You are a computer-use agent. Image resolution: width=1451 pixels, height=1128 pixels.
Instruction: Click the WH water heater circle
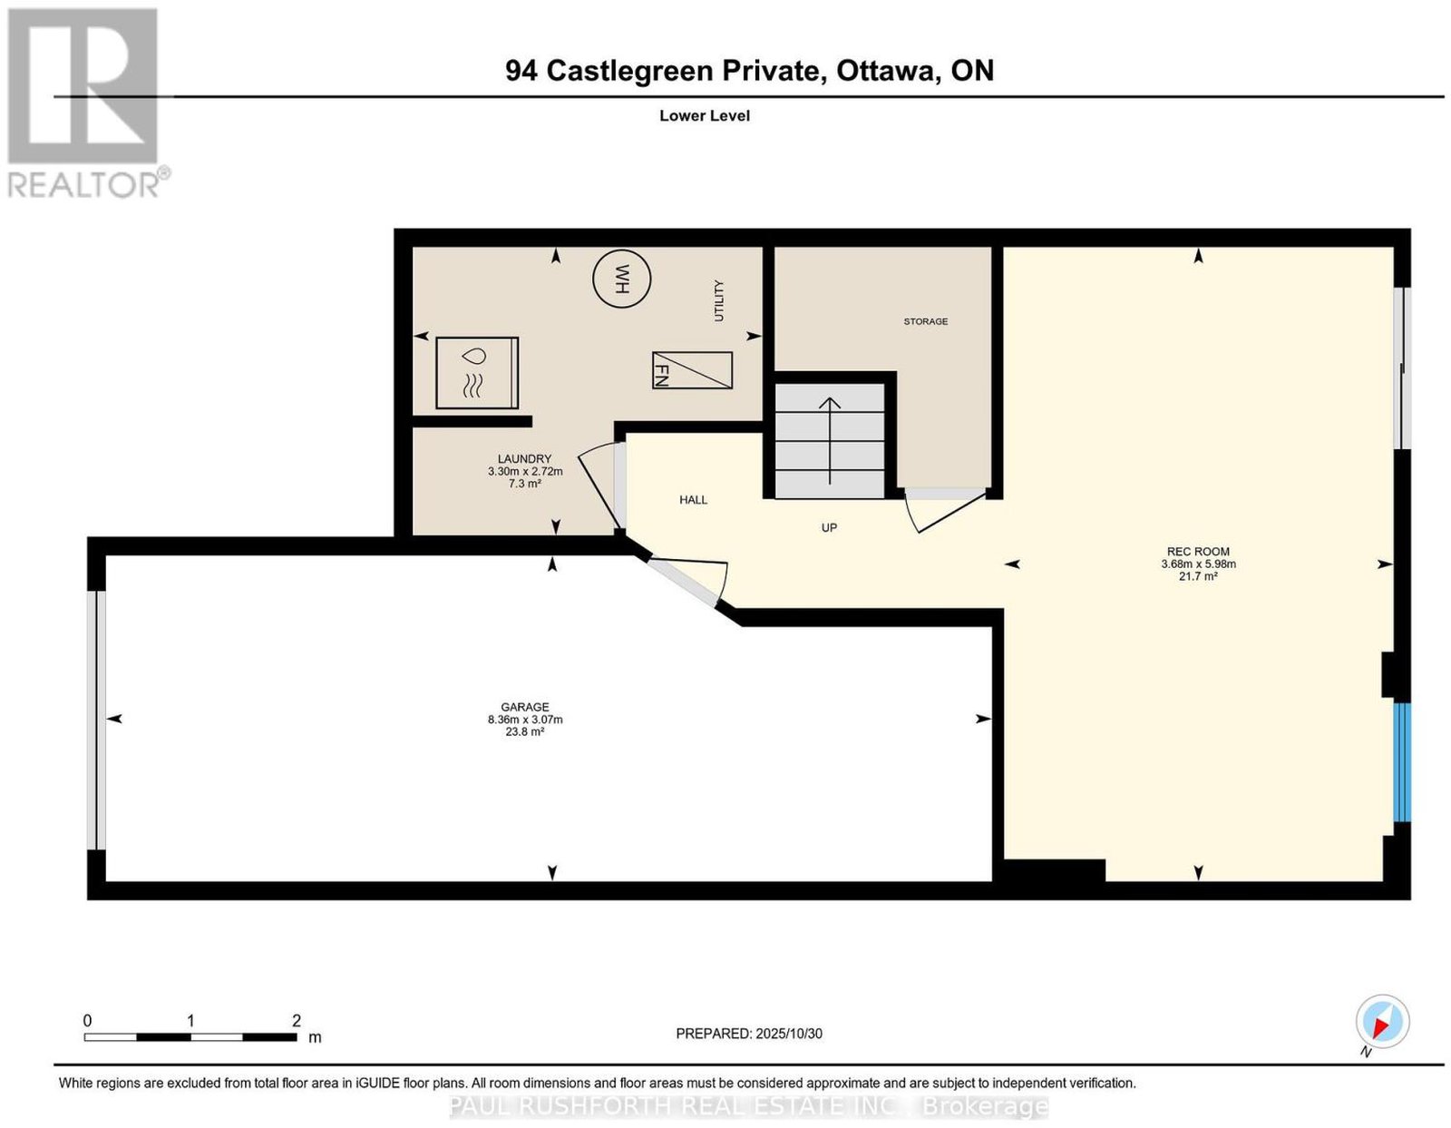click(x=621, y=279)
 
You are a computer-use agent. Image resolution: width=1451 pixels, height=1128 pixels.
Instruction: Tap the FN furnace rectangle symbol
click(x=692, y=370)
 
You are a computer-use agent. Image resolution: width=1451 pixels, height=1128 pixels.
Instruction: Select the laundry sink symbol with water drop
click(x=476, y=373)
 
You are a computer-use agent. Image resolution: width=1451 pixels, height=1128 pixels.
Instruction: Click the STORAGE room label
click(x=925, y=321)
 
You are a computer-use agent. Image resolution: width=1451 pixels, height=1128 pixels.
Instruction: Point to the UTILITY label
click(x=718, y=300)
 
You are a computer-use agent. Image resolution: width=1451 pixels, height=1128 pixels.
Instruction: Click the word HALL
click(x=693, y=499)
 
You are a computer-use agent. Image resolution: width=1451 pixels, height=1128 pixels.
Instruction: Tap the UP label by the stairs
click(x=829, y=527)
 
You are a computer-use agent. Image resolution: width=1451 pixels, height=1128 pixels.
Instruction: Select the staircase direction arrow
click(x=829, y=440)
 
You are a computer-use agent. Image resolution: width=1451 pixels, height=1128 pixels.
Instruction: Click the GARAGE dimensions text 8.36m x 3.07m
click(x=525, y=720)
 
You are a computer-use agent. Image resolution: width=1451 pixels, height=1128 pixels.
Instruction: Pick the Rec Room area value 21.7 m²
click(x=1198, y=575)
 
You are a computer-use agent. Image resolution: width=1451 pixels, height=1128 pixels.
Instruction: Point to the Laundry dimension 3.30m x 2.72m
click(x=525, y=471)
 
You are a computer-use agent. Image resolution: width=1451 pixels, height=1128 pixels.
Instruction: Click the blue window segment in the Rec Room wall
click(x=1402, y=770)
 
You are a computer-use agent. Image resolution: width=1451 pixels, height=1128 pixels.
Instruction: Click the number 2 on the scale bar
click(x=296, y=1021)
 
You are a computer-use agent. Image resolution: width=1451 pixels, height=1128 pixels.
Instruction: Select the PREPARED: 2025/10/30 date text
click(x=748, y=1033)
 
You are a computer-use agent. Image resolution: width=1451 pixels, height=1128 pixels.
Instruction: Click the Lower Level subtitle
click(x=705, y=115)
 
